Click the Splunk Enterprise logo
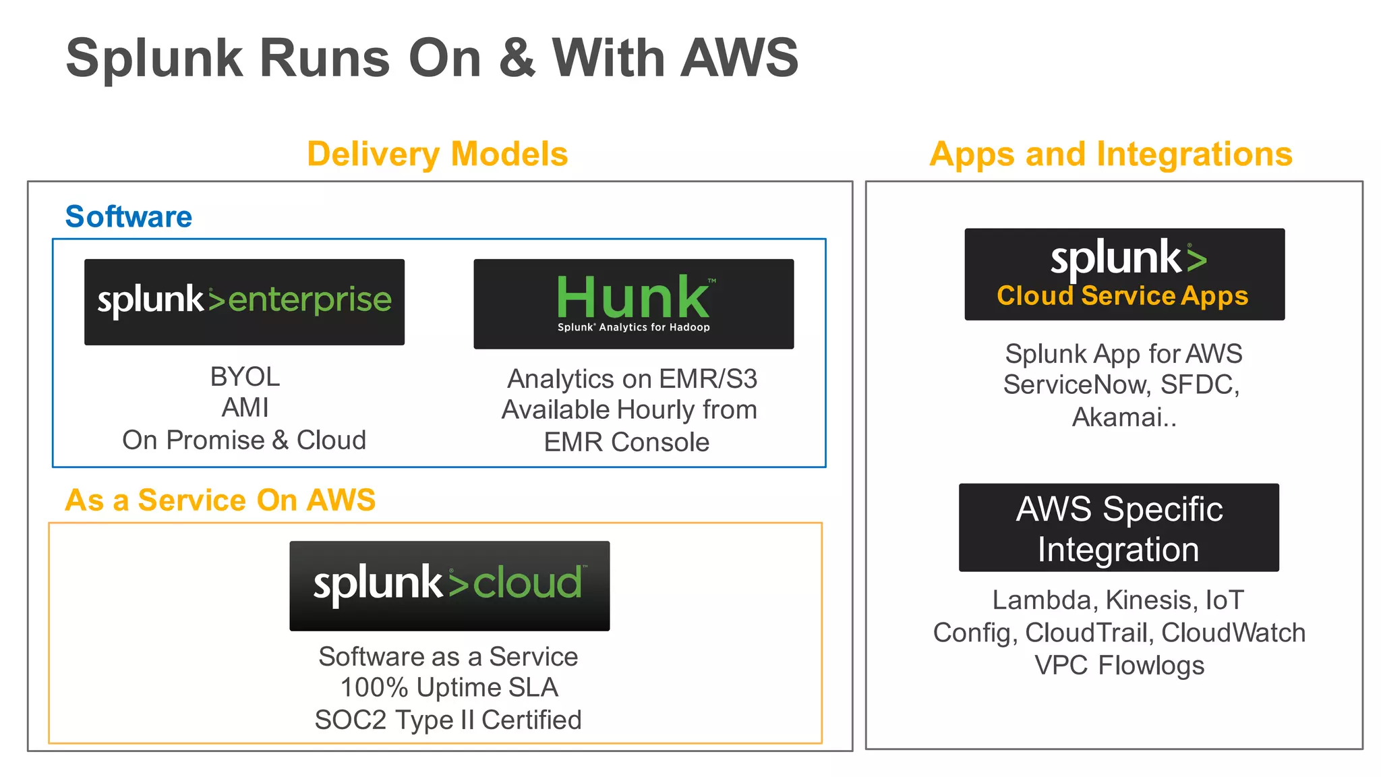[244, 301]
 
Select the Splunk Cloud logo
[449, 585]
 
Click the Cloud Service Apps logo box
[1124, 275]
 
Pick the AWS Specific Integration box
[1119, 528]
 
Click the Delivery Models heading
[437, 154]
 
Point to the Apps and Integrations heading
[1111, 154]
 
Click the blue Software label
[128, 217]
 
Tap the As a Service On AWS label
[220, 500]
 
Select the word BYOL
[245, 376]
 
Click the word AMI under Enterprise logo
[245, 408]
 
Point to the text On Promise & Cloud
[244, 440]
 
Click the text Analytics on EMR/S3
[632, 378]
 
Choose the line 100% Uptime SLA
[449, 687]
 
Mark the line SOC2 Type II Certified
[448, 720]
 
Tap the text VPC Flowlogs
[1119, 665]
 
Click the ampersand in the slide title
[517, 58]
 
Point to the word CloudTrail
[1086, 633]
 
